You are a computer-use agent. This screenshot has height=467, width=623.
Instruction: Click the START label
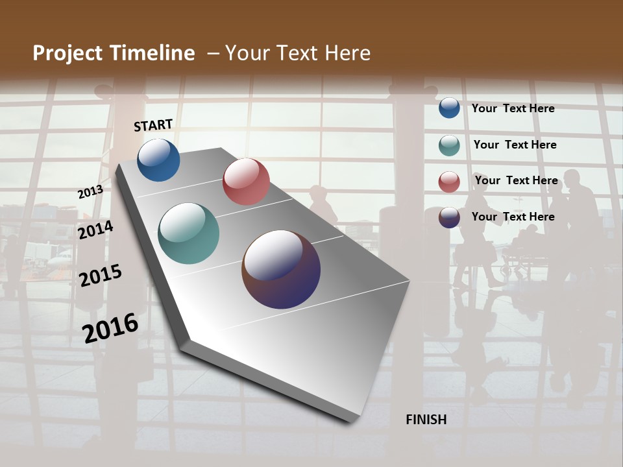point(153,125)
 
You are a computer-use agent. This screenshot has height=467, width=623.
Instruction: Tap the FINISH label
point(426,420)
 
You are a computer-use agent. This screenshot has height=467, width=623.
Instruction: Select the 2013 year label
point(90,192)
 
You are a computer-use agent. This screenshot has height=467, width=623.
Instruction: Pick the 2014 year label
point(95,230)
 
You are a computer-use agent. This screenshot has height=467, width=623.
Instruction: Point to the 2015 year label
point(100,276)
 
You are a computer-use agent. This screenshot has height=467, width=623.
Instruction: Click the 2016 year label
point(110,328)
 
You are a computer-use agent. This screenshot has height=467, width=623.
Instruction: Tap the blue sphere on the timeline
point(158,160)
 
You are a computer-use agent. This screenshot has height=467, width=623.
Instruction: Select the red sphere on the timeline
point(246,182)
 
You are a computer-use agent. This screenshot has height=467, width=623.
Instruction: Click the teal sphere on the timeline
point(188,233)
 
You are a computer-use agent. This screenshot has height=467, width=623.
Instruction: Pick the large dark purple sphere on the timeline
point(281,269)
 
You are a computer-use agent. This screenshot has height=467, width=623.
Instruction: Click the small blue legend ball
point(449,108)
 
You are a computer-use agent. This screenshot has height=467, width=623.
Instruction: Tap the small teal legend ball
point(449,145)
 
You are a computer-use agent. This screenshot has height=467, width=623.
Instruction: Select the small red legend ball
point(449,181)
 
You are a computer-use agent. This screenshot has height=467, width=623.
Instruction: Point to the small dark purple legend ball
point(449,217)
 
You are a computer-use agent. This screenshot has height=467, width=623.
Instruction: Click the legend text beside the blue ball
point(513,108)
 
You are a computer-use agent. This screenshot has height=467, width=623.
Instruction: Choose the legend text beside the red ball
point(516,180)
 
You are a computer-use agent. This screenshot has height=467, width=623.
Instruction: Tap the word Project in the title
point(67,53)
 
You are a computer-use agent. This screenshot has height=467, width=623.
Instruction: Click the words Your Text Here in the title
point(298,53)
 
